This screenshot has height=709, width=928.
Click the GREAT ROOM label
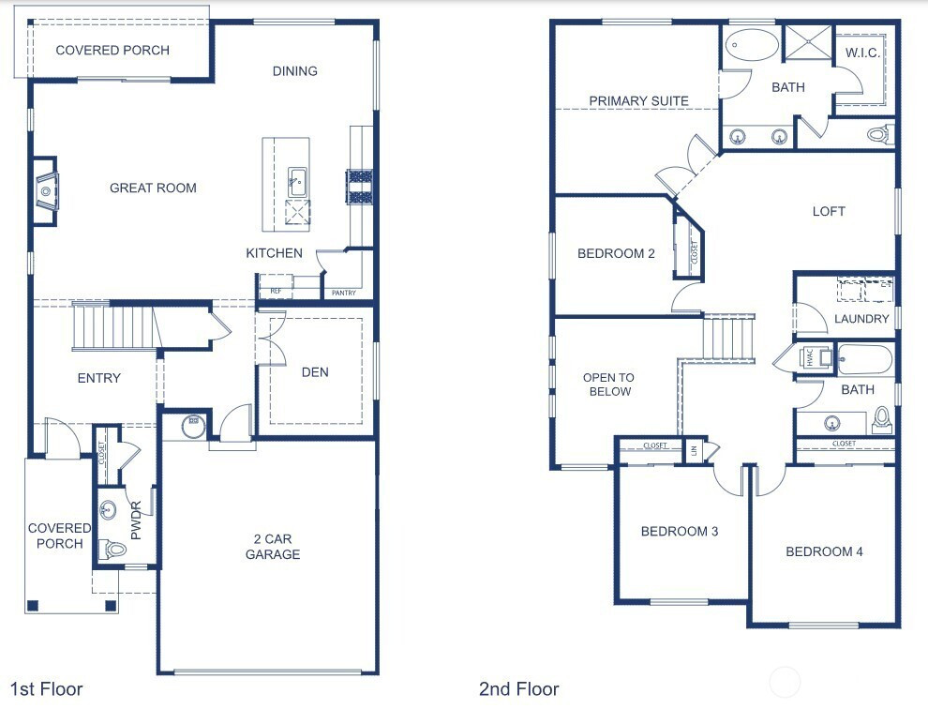pos(153,188)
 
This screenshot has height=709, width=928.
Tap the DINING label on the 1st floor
pos(294,71)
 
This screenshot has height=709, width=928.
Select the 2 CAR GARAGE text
pos(273,547)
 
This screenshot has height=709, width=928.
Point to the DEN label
pos(315,372)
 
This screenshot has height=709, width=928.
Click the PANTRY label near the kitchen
pos(344,293)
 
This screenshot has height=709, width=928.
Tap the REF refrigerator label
pos(276,291)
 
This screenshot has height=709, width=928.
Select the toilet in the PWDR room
pos(113,549)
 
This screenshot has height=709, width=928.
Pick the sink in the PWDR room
pos(108,510)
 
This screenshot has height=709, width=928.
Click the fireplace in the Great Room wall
pos(45,190)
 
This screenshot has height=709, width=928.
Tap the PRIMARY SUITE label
pos(638,100)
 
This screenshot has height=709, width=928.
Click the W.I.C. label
pos(862,53)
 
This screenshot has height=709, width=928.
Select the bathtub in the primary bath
pos(752,44)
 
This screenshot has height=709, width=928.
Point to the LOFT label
pos(829,211)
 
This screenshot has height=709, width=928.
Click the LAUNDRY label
pos(861,319)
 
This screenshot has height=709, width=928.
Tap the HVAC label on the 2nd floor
pos(810,357)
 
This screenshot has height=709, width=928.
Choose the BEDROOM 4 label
pos(824,551)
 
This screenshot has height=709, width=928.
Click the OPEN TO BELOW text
pos(609,385)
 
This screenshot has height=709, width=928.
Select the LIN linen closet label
pos(694,451)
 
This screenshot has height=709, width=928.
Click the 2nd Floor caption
pos(519,689)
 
